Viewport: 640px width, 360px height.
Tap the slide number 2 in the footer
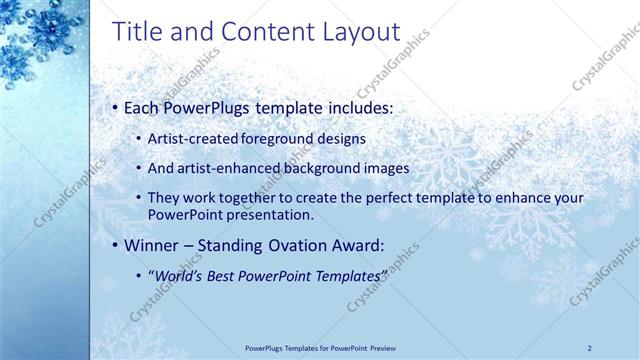(x=590, y=347)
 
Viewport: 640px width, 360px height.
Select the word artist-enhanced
(x=224, y=168)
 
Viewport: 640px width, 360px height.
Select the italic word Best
(x=220, y=274)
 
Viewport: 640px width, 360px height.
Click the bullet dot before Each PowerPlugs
(x=115, y=106)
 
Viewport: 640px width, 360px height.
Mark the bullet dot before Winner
(x=115, y=244)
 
